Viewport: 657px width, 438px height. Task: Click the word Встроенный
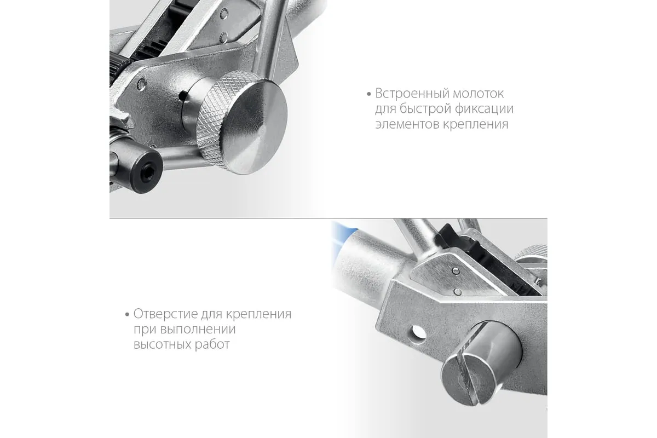(x=412, y=94)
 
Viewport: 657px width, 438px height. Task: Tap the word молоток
(x=479, y=94)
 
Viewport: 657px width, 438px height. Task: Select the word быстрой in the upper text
(x=425, y=109)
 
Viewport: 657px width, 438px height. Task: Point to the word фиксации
(x=485, y=109)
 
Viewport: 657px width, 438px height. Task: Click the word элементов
(x=407, y=124)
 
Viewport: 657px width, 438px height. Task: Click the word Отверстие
(x=166, y=314)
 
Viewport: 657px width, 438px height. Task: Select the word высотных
(x=163, y=344)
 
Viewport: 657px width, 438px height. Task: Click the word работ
(x=212, y=344)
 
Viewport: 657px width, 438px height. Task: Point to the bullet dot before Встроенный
(x=368, y=94)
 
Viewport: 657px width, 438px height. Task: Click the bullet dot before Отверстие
(x=127, y=315)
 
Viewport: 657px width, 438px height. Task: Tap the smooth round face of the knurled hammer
(x=255, y=128)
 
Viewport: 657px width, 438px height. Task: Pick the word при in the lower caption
(x=145, y=330)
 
